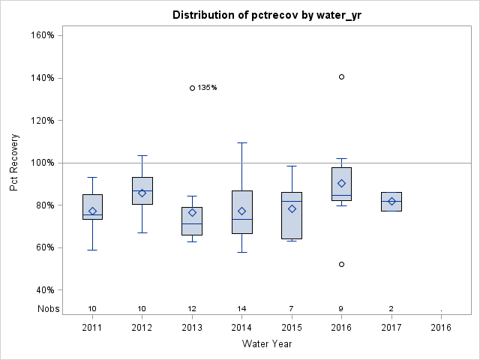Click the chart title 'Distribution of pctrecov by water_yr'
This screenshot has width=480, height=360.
[265, 15]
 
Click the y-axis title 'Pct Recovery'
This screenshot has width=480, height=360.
[15, 162]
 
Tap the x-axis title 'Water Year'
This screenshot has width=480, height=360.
[266, 343]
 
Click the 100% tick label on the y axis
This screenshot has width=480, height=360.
[40, 163]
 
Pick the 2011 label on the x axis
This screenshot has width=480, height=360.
[92, 327]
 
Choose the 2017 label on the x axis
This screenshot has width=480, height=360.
[391, 327]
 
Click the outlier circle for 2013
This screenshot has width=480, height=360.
[192, 88]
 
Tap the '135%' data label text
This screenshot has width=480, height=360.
[207, 88]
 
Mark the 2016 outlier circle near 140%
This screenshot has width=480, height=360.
[341, 76]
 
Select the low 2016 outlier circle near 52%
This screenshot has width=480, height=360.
[341, 264]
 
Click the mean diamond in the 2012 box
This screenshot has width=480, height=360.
[142, 193]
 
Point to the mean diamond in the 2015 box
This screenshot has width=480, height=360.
[292, 208]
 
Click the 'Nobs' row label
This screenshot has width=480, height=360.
[46, 309]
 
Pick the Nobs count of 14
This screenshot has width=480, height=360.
[241, 309]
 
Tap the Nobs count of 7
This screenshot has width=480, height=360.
[292, 309]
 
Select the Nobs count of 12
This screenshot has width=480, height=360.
[192, 309]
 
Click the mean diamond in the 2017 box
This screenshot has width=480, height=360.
[391, 201]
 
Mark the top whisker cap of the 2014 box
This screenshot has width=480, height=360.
[241, 142]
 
